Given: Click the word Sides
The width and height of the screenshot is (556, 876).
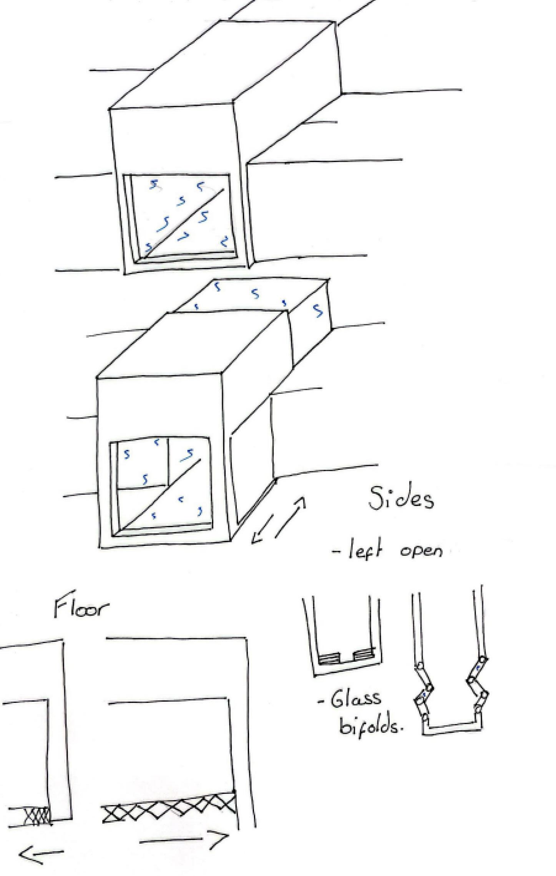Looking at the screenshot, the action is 401,499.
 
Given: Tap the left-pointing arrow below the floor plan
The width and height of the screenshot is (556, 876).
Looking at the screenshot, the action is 41,851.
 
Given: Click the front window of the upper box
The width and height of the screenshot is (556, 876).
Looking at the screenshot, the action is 182,217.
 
